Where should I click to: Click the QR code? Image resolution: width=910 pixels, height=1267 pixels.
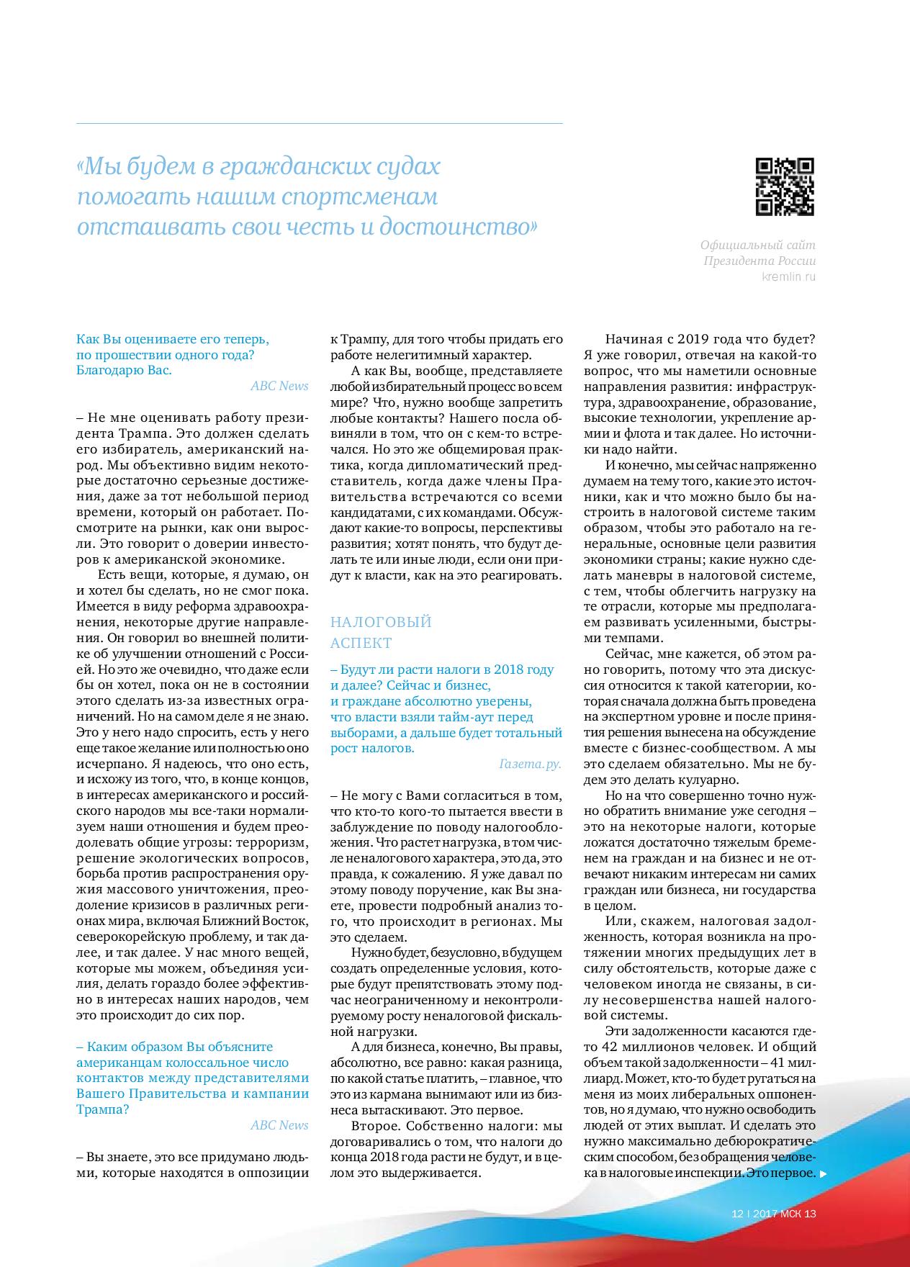[785, 186]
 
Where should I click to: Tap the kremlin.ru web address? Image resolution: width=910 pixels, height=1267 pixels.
[789, 277]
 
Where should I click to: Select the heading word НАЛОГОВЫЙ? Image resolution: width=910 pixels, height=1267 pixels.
[381, 622]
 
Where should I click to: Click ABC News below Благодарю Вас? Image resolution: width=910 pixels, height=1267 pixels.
[279, 386]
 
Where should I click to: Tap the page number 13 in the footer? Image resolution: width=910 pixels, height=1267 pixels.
[811, 1213]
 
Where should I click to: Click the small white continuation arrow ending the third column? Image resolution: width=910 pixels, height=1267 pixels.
[824, 1173]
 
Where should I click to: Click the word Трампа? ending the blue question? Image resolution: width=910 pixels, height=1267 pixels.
[103, 1109]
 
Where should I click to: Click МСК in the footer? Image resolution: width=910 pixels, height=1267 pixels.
[790, 1213]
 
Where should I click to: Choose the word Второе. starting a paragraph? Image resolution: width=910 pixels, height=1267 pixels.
[374, 1125]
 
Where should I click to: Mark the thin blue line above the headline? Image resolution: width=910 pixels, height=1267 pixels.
[320, 124]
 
